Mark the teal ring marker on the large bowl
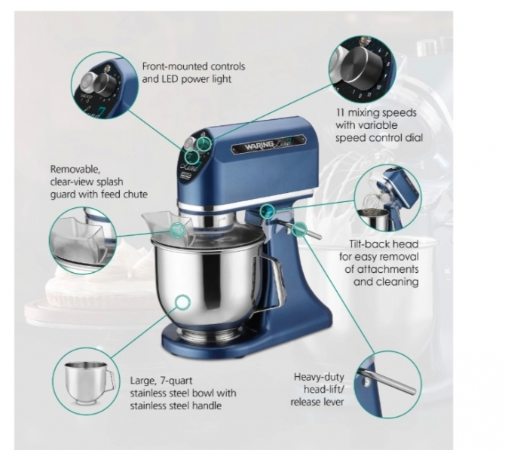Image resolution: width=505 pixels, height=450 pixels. pos(182,304)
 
